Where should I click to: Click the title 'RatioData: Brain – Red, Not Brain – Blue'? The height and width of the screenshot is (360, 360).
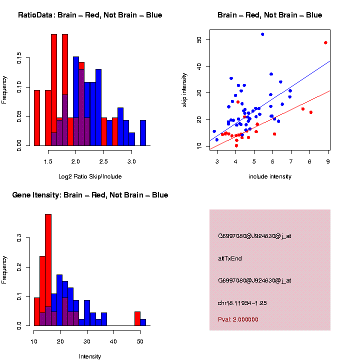point(90,15)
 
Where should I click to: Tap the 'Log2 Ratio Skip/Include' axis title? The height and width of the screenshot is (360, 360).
point(90,176)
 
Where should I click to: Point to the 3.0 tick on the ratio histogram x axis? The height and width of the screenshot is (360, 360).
point(131,162)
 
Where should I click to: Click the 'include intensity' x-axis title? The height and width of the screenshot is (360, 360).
point(270,176)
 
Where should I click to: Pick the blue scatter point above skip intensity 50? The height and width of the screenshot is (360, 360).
point(262,34)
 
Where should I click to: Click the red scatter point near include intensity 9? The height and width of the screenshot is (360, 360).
point(325,43)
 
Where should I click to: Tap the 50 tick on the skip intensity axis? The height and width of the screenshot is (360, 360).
point(199,39)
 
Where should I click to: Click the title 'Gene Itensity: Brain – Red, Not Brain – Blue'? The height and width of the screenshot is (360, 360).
point(90,195)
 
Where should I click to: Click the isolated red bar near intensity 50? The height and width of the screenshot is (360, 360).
point(137,318)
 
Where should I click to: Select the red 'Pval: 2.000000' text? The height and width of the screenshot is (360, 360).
point(238,319)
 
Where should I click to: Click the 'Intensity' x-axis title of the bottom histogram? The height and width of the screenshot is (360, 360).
point(90,356)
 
